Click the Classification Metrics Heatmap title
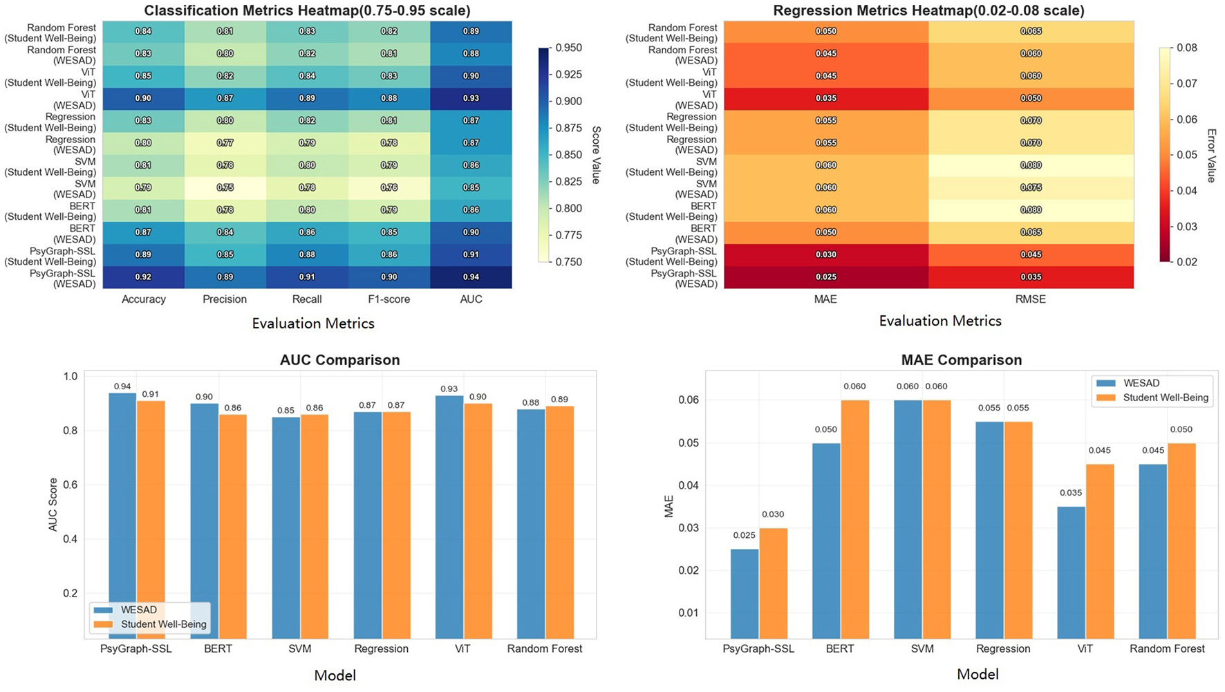(x=307, y=10)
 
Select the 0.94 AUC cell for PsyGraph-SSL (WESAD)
(x=471, y=277)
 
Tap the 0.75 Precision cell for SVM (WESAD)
(x=225, y=187)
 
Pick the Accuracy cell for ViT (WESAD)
(x=143, y=98)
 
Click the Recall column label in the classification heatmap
(x=307, y=299)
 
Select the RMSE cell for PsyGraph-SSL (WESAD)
(x=1031, y=277)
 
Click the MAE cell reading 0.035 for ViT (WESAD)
(x=825, y=98)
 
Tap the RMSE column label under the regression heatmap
(x=1031, y=299)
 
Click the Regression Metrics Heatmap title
(x=928, y=10)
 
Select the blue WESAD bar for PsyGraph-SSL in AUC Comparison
(x=122, y=516)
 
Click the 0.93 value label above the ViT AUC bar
(x=449, y=389)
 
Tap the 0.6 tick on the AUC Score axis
(x=71, y=485)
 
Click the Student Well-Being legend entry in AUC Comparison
(x=163, y=624)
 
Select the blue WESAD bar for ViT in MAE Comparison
(x=1071, y=572)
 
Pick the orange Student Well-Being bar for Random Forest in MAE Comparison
(x=1181, y=541)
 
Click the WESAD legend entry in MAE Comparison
(x=1141, y=383)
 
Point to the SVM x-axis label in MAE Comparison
(x=922, y=649)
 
